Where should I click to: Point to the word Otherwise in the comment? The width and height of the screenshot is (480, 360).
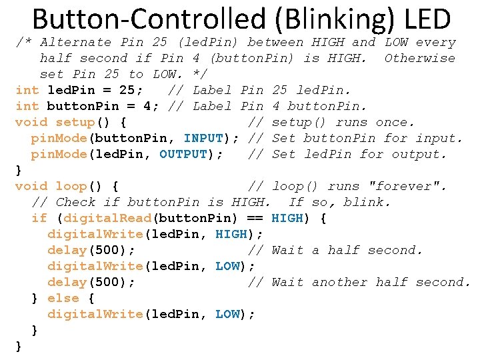click(420, 58)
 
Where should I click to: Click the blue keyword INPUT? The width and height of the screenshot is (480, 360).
click(203, 138)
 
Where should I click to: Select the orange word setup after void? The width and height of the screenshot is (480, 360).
click(75, 122)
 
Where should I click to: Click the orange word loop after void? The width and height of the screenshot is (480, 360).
click(71, 186)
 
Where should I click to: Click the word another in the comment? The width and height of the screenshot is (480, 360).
click(339, 282)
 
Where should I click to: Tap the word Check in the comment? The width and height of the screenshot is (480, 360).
click(75, 202)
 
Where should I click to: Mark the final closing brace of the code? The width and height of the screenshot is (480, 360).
click(19, 346)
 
